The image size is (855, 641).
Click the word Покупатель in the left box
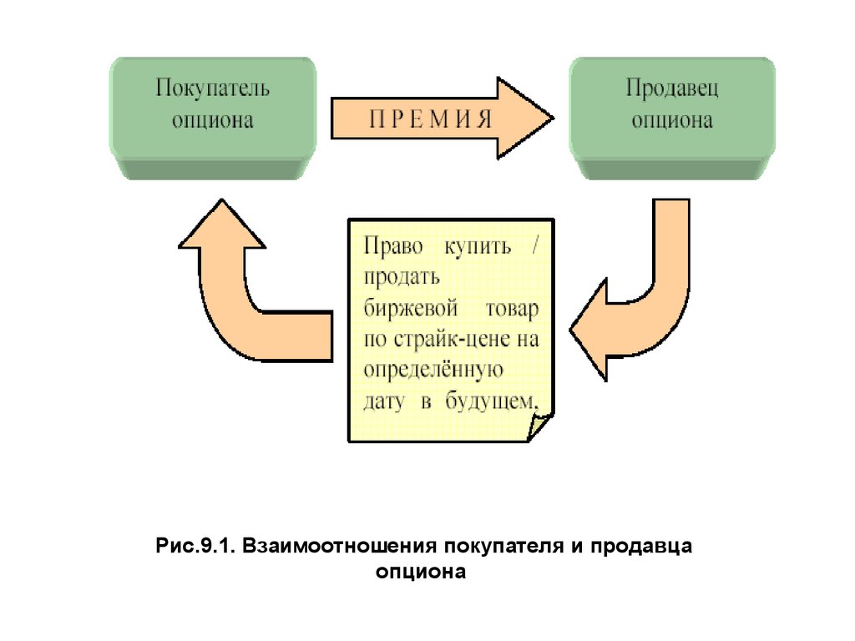click(x=213, y=88)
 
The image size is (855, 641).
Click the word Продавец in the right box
click(x=672, y=88)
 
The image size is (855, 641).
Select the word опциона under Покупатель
click(x=213, y=120)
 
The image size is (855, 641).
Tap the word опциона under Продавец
click(x=672, y=120)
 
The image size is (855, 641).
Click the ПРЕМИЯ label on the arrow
click(x=430, y=119)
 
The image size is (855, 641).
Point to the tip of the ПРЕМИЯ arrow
click(x=554, y=118)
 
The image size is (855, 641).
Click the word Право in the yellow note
click(x=393, y=246)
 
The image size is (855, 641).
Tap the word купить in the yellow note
click(x=478, y=247)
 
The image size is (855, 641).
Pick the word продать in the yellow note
click(x=402, y=277)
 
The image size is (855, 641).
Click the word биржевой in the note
click(x=411, y=308)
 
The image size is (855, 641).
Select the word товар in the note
click(x=512, y=309)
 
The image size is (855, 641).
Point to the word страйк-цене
click(x=452, y=340)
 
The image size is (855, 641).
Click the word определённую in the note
click(x=433, y=371)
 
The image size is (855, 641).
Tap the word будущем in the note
click(x=491, y=401)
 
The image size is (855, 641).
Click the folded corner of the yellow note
click(x=540, y=426)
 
